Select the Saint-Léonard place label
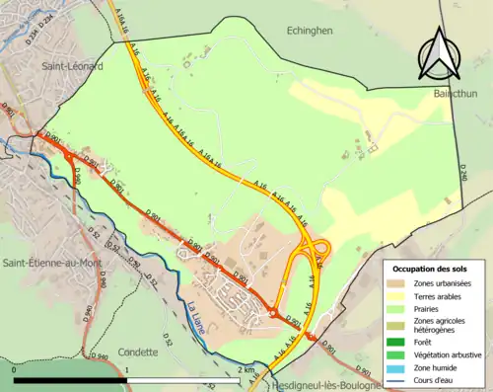(x=72, y=65)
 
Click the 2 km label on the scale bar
(x=246, y=369)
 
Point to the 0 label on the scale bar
(x=15, y=369)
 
